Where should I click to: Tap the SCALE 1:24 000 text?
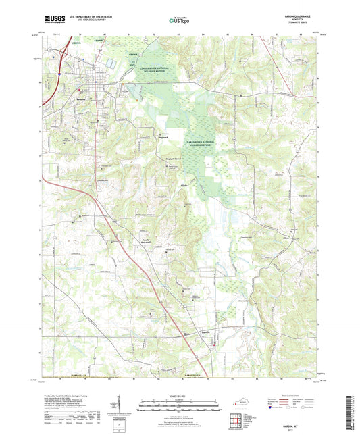pyautogui.click(x=179, y=395)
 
